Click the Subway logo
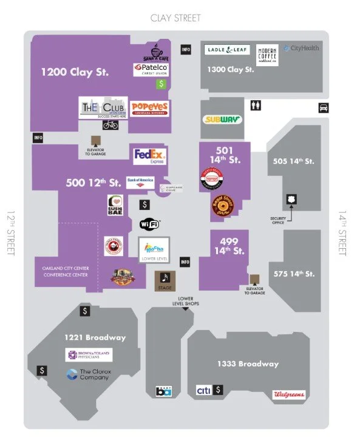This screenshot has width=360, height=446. tap(222, 120)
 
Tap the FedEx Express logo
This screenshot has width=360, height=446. tap(149, 156)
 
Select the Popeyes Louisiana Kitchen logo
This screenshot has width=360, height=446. tap(149, 109)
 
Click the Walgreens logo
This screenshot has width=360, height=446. tap(288, 394)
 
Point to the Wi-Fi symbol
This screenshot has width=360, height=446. tap(150, 224)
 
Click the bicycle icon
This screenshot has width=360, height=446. tap(110, 124)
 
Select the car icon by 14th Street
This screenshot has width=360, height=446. tap(324, 108)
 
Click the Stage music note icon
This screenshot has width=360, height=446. tap(165, 279)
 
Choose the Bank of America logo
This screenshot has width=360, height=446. tap(140, 181)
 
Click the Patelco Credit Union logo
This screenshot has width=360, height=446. tap(151, 70)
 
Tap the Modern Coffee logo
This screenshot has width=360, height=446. tap(268, 54)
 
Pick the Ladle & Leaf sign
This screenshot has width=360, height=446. tap(228, 50)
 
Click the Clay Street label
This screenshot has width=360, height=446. tap(175, 18)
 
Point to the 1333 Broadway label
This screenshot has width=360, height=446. tap(248, 364)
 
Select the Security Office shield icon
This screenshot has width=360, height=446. tap(291, 200)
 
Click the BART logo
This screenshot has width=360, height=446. tap(164, 391)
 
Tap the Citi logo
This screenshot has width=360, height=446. tap(204, 390)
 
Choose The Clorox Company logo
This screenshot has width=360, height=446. tap(89, 374)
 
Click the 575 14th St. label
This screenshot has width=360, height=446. tap(294, 274)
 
